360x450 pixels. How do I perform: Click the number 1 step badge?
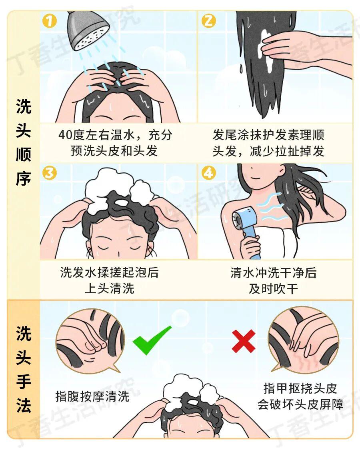click(49, 21)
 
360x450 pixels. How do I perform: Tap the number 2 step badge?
click(208, 21)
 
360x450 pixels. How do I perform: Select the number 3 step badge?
click(49, 173)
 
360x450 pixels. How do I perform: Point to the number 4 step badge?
click(208, 173)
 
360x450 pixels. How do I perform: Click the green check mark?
click(152, 340)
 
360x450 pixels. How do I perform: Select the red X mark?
click(244, 341)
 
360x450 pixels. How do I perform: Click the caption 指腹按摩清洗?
click(92, 396)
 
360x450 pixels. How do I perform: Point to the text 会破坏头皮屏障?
click(300, 404)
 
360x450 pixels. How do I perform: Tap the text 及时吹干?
click(273, 289)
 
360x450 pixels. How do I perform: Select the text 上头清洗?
click(109, 288)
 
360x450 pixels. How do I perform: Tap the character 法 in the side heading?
click(23, 406)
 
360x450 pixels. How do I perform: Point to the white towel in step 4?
click(283, 244)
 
